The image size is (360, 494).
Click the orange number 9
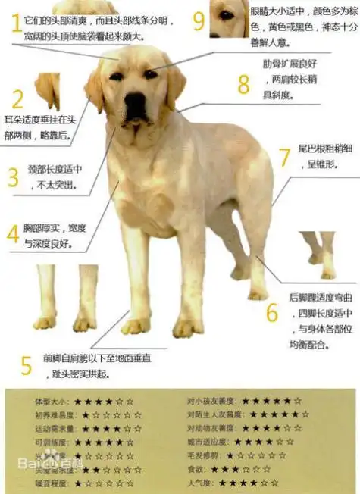[x=199, y=20]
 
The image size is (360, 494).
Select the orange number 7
[x=284, y=157]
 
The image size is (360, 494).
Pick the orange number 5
[x=26, y=366]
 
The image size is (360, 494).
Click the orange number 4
[x=13, y=233]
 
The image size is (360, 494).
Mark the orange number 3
[x=13, y=177]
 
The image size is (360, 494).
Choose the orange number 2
[x=18, y=98]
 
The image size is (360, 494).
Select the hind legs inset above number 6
[x=318, y=254]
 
